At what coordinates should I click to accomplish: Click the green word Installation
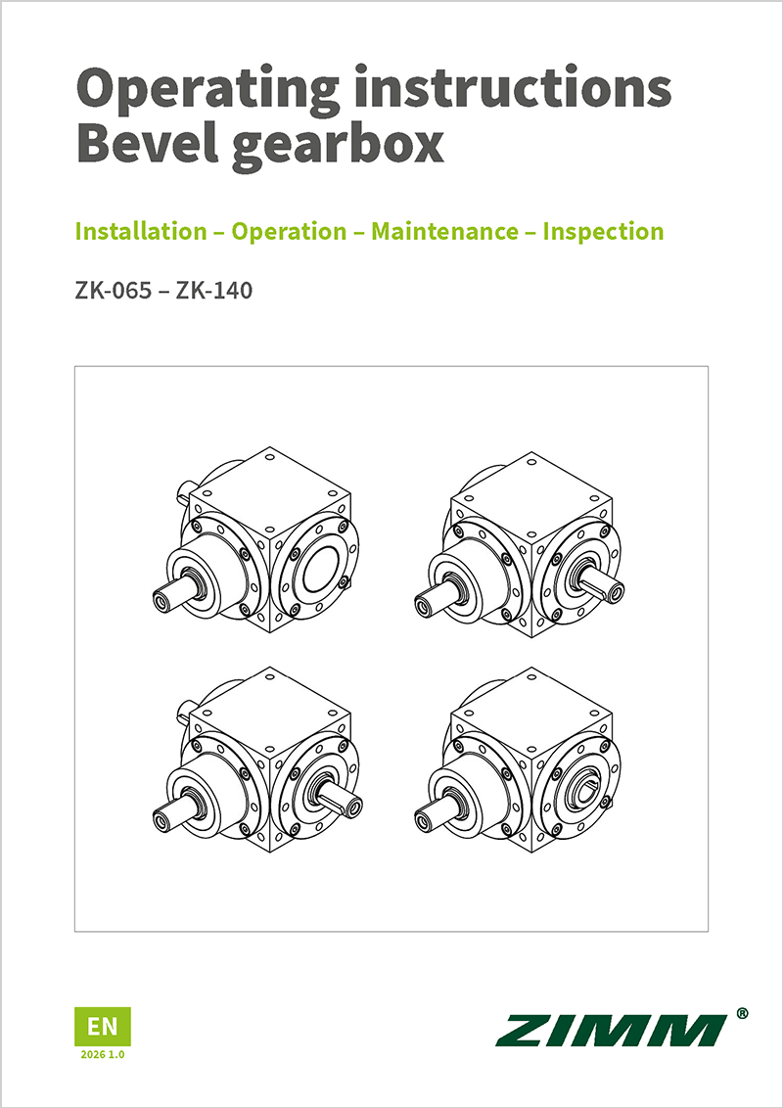[141, 232]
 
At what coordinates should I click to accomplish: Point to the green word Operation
[289, 232]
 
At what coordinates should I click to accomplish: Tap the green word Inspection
[603, 232]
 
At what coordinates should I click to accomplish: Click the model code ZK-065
[110, 291]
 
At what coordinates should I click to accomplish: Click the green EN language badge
[102, 1026]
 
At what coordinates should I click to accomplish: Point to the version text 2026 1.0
[102, 1056]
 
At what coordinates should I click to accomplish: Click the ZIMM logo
[611, 1030]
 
